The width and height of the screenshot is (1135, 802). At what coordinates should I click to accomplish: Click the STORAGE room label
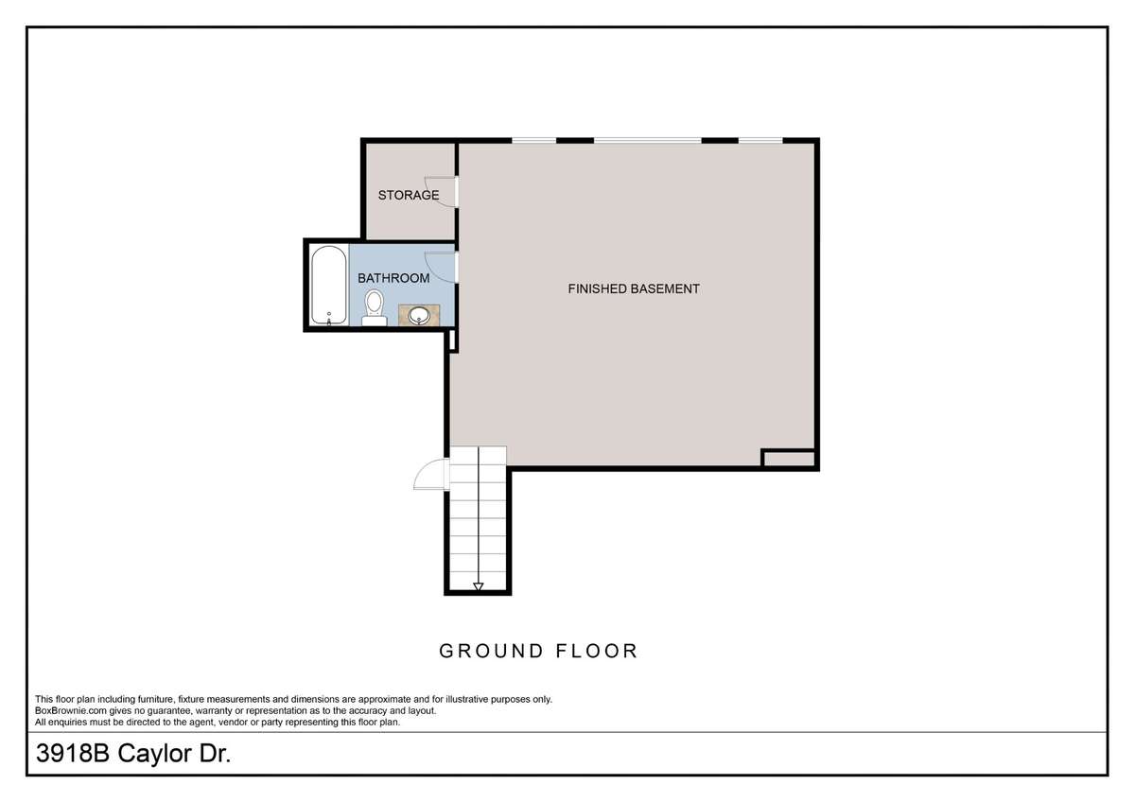click(409, 195)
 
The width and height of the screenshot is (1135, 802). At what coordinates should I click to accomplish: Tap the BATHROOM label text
click(393, 278)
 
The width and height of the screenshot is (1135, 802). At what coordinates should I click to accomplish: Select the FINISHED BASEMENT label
click(634, 288)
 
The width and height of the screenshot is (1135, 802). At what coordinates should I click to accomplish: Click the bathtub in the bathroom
click(329, 285)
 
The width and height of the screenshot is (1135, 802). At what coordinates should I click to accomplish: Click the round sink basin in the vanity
click(419, 316)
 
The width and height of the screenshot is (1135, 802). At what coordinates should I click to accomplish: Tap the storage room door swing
click(442, 191)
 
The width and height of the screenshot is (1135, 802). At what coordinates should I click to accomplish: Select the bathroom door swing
click(442, 267)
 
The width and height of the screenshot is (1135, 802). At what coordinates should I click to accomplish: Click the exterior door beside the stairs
click(431, 474)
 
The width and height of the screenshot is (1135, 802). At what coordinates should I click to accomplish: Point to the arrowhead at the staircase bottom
click(479, 586)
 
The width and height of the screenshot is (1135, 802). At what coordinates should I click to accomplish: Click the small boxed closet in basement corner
click(789, 459)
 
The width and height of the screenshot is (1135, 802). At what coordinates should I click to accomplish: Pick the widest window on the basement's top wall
click(648, 140)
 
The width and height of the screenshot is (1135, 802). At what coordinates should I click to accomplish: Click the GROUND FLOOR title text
click(538, 651)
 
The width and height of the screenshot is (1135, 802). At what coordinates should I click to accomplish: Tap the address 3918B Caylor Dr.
click(133, 754)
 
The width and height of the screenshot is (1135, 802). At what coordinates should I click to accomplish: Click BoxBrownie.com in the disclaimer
click(71, 711)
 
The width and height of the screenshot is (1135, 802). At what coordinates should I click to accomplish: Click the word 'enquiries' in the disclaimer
click(69, 723)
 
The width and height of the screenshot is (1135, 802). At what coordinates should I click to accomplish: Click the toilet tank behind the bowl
click(375, 322)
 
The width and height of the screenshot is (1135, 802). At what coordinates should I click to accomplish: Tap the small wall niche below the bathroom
click(453, 340)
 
